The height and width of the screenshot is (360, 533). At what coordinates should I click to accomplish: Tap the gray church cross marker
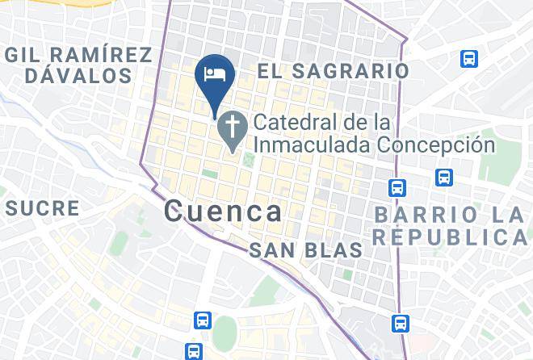click(233, 127)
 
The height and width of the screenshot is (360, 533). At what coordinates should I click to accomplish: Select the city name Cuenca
click(223, 211)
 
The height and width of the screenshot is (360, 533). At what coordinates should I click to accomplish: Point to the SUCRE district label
click(43, 208)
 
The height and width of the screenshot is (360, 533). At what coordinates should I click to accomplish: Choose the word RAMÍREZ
click(100, 55)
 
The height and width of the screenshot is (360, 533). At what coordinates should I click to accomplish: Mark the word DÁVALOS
click(78, 76)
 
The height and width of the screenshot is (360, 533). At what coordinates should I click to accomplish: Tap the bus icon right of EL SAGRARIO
click(468, 58)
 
